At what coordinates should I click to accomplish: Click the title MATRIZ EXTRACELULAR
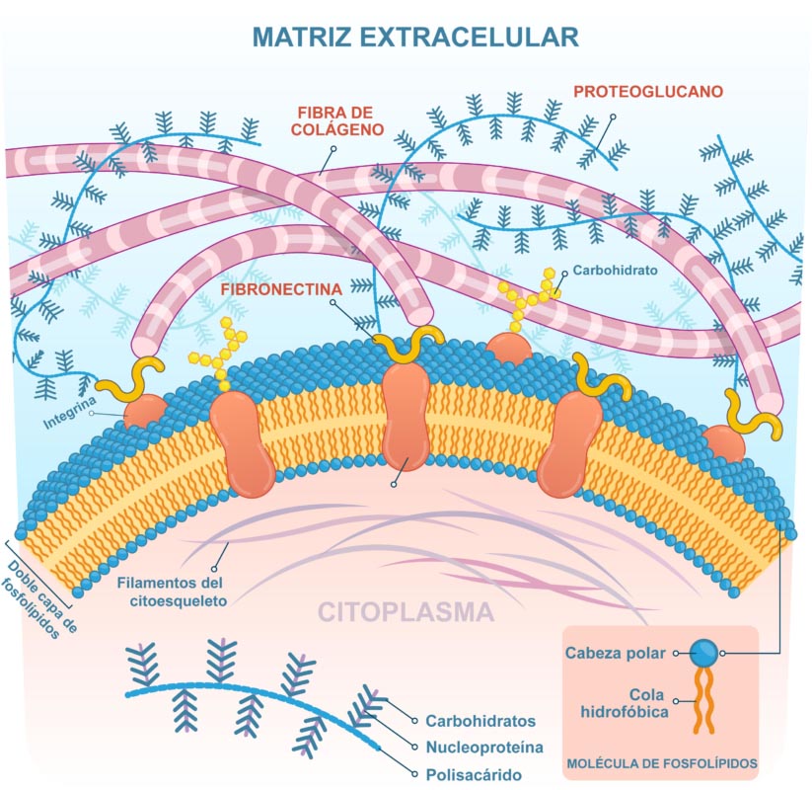(414, 37)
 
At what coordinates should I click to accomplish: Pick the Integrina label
(69, 415)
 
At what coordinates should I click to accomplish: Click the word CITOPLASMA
(405, 612)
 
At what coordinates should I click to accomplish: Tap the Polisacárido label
(473, 775)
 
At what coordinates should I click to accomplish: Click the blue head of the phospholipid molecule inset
(703, 653)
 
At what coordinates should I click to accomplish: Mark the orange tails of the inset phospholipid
(703, 701)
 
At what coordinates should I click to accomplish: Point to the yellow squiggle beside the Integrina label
(138, 380)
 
